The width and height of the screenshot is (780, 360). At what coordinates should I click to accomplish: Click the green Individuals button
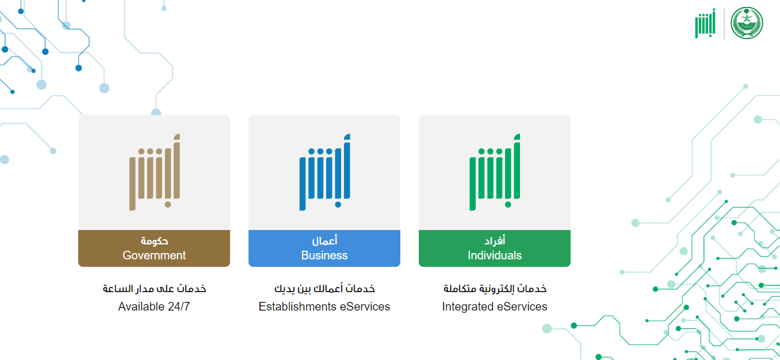tap(495, 248)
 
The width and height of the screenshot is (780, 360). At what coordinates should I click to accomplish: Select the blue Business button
tap(324, 248)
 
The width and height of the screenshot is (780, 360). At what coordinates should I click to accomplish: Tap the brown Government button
tap(154, 248)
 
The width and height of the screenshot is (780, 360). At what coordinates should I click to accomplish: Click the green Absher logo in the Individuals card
tap(495, 172)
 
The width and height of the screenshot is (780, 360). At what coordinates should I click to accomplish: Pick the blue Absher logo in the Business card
tap(324, 172)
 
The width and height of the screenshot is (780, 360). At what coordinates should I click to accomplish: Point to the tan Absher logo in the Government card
tap(155, 172)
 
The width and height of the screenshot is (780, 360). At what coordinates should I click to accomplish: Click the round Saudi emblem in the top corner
tap(747, 23)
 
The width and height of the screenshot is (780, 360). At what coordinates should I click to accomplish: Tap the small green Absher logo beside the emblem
tap(705, 24)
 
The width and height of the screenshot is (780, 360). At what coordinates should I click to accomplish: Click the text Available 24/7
tap(154, 307)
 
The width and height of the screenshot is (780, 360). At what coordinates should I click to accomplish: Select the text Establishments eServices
tap(324, 307)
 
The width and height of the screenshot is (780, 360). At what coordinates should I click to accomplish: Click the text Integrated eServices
tap(495, 307)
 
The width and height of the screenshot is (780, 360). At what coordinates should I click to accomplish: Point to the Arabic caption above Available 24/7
tap(154, 289)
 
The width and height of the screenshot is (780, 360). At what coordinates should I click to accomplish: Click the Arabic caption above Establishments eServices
tap(324, 289)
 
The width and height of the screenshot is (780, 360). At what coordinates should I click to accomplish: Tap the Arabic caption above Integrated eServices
tap(495, 289)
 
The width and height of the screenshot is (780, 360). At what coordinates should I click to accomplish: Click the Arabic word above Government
tap(154, 240)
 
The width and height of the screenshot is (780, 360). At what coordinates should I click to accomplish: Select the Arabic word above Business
tap(324, 240)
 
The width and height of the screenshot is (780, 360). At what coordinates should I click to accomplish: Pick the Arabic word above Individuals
tap(495, 240)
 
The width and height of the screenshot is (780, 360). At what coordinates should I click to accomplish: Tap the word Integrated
tap(467, 307)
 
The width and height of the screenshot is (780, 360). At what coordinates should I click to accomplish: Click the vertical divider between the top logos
tap(724, 24)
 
